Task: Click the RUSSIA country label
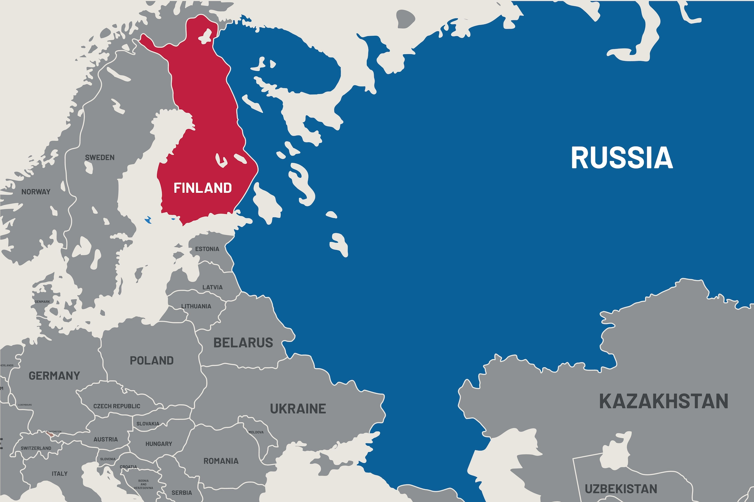(x=622, y=158)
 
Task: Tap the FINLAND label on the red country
(x=203, y=188)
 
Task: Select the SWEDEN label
(x=100, y=158)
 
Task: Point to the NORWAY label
(x=36, y=192)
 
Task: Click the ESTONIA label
(x=207, y=249)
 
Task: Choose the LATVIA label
(x=212, y=287)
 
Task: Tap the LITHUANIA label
(x=196, y=306)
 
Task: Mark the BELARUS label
(x=243, y=343)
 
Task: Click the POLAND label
(x=152, y=360)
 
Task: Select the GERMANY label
(x=54, y=376)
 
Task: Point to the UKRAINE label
(x=298, y=409)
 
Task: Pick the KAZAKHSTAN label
(x=663, y=401)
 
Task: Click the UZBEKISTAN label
(x=621, y=489)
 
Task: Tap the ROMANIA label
(x=221, y=461)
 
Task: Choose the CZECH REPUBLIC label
(x=117, y=406)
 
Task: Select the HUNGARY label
(x=159, y=444)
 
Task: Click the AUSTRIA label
(x=106, y=439)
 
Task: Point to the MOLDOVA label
(x=256, y=432)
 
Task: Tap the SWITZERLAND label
(x=36, y=448)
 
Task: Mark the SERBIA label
(x=182, y=493)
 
